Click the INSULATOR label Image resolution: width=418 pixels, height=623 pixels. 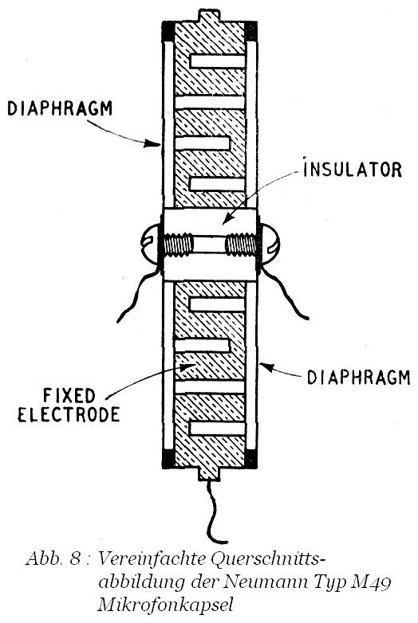[353, 168]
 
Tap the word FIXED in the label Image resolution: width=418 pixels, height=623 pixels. [69, 395]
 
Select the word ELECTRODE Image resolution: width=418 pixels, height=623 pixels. [69, 415]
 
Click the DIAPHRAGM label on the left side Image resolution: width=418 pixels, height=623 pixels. [60, 108]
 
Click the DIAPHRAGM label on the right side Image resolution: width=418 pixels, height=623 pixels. [358, 377]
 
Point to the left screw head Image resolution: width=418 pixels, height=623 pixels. [149, 244]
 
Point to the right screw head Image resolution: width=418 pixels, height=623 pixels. [270, 244]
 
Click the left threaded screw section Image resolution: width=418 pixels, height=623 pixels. [178, 245]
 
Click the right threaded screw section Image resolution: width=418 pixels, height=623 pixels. [241, 245]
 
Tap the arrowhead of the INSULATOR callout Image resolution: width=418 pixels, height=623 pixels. [227, 218]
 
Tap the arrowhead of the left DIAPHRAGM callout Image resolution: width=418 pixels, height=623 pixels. [153, 143]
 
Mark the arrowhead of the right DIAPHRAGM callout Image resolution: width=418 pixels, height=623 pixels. [267, 367]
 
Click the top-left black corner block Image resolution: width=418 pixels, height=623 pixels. [168, 32]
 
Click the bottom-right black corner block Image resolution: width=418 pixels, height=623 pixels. [251, 459]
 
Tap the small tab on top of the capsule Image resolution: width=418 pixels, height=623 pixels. [209, 16]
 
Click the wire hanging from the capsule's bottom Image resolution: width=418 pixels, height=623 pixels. [214, 512]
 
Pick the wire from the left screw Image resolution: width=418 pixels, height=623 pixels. [137, 294]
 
